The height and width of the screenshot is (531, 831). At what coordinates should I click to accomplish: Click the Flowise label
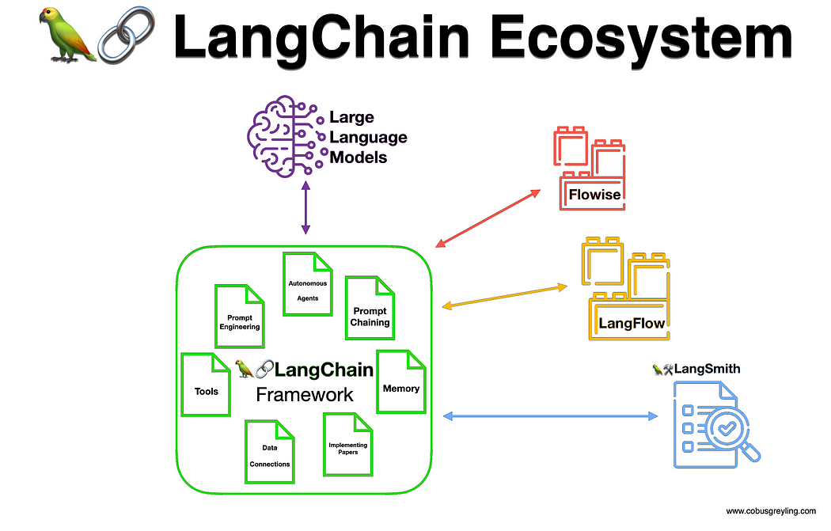(x=595, y=193)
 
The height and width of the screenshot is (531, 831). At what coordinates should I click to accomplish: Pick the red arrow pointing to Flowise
(x=488, y=218)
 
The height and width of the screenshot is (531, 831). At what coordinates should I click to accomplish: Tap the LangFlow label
(x=632, y=323)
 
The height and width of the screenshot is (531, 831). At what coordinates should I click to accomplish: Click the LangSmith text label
(x=702, y=368)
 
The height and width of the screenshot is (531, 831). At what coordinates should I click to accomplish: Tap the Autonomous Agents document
(x=306, y=284)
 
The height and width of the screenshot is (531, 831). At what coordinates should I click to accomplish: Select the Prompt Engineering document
(x=238, y=317)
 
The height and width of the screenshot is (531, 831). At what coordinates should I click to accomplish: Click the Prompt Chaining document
(x=370, y=308)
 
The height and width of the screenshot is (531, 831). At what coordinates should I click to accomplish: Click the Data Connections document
(x=269, y=451)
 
